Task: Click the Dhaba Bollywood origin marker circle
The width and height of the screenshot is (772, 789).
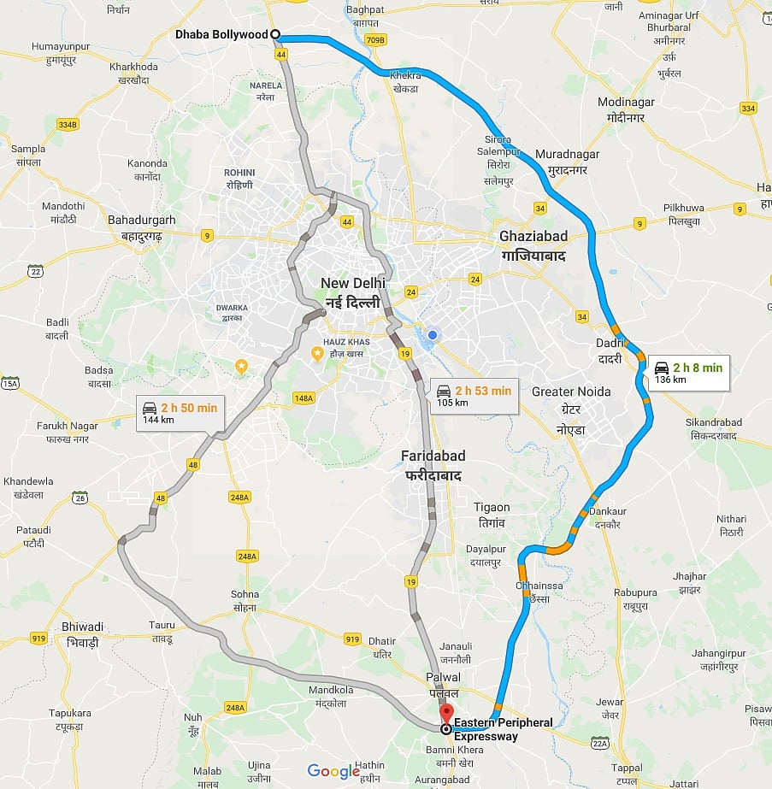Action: (275, 34)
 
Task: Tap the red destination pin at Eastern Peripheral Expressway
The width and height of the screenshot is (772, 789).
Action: (445, 715)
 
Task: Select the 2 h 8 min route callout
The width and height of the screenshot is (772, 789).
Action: (688, 373)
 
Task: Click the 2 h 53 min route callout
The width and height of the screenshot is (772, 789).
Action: (473, 396)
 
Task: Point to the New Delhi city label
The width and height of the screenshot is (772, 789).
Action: (352, 291)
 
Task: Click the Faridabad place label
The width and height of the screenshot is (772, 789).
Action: (433, 464)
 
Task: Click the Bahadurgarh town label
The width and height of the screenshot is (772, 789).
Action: (141, 227)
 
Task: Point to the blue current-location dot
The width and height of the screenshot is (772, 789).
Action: (433, 335)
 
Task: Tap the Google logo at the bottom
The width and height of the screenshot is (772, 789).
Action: (333, 772)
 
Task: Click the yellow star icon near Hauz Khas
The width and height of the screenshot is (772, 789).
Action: (317, 352)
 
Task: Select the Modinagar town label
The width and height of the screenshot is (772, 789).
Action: (626, 109)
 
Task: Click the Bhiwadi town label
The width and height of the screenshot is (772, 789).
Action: (83, 633)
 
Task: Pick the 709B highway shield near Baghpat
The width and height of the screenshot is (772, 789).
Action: (374, 39)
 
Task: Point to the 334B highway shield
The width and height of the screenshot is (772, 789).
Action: (68, 124)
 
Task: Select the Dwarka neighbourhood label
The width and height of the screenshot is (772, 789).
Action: (232, 312)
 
